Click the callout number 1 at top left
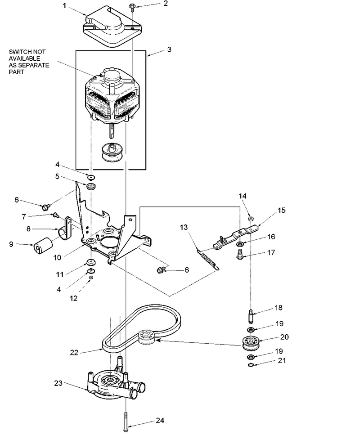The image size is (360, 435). [x=65, y=5]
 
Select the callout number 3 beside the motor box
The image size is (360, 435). [x=169, y=49]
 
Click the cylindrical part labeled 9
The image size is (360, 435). [x=43, y=245]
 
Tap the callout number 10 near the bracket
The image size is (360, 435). [x=57, y=257]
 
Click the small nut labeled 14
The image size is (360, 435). [x=251, y=219]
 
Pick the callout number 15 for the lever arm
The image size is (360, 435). [x=281, y=210]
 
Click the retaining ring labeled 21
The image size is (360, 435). [x=251, y=364]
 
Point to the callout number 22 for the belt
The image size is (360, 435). [x=74, y=352]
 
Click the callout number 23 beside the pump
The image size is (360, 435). [x=58, y=383]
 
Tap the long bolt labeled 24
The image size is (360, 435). [x=126, y=421]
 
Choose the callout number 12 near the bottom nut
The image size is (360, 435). [x=73, y=298]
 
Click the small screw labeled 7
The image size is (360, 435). [x=56, y=214]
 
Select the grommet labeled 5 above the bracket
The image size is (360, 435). [x=91, y=186]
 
